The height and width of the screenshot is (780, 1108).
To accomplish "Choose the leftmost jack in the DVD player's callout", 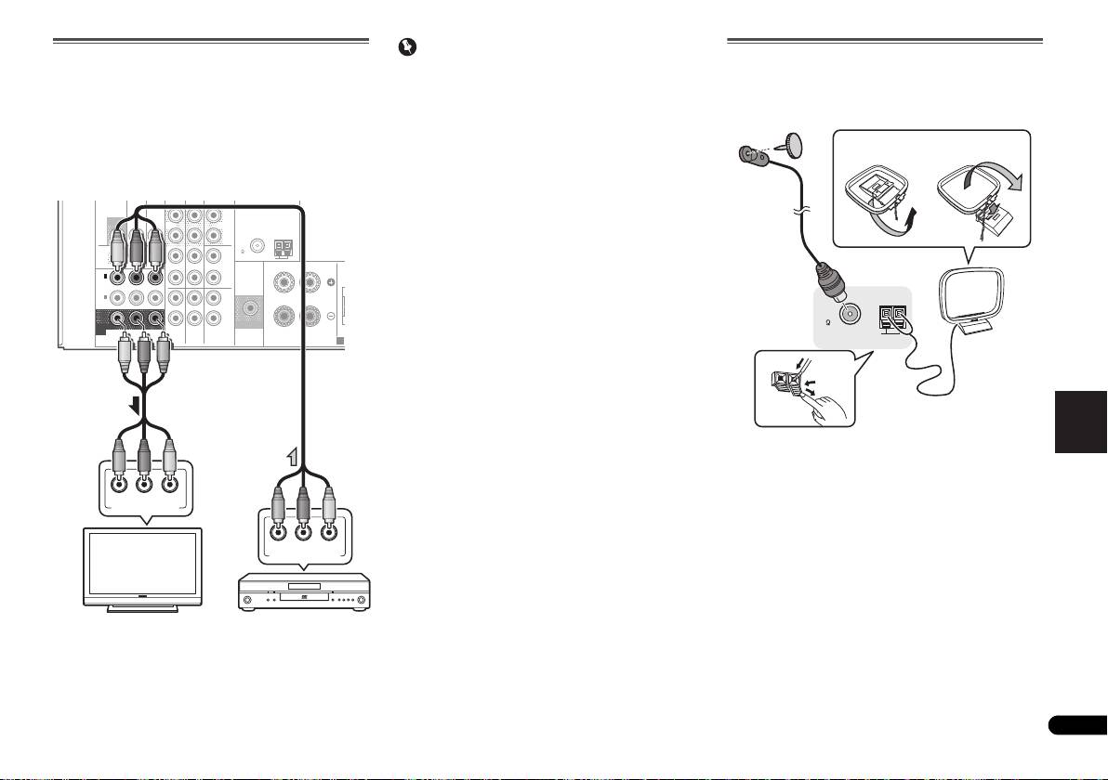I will pos(276,533).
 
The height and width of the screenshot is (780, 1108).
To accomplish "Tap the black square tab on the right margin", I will pos(1081,422).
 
